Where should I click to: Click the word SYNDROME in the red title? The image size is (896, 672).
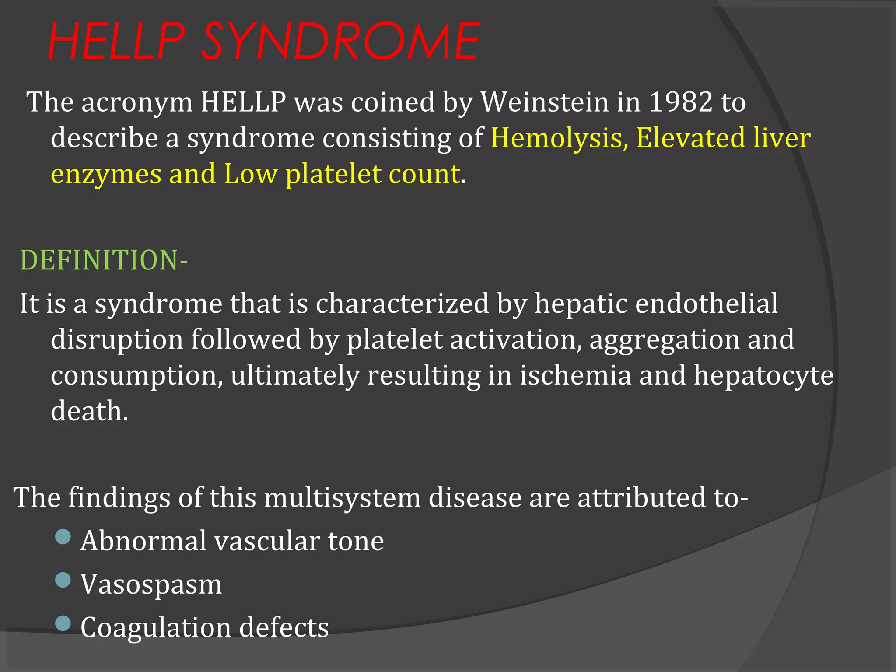(340, 42)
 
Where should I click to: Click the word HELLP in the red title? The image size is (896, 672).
(116, 42)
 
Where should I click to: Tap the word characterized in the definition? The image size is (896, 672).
(402, 303)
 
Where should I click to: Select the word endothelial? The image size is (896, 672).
(706, 303)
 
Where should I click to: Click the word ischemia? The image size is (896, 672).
(575, 375)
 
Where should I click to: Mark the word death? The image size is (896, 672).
(89, 411)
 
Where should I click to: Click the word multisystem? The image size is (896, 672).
(342, 498)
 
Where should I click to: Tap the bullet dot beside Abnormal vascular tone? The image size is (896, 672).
(63, 536)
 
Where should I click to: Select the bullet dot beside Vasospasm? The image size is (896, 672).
(63, 580)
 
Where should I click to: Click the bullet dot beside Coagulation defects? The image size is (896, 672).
(63, 623)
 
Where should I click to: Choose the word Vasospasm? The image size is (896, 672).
(151, 584)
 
